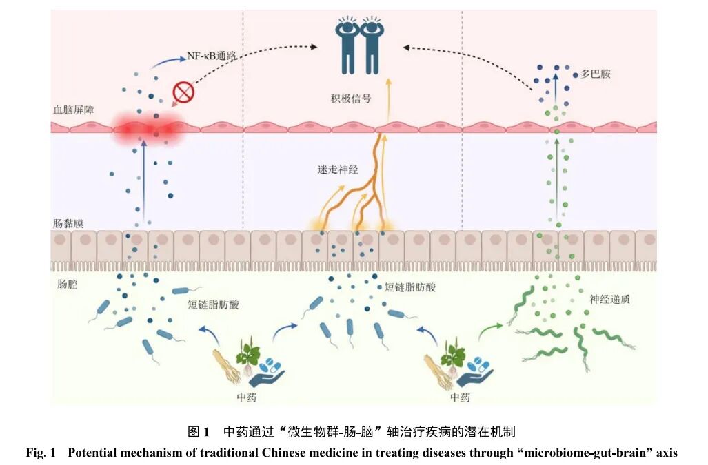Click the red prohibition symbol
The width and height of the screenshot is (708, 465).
[x=184, y=92]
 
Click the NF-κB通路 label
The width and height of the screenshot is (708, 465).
[x=212, y=56]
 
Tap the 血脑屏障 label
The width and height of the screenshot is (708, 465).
[x=74, y=110]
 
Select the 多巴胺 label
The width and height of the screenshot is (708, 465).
[x=595, y=74]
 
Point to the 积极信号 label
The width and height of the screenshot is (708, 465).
[x=351, y=99]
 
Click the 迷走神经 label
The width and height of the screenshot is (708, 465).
[x=338, y=169]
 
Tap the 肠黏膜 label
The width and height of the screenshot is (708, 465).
[x=68, y=223]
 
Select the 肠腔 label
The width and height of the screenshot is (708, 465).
[x=68, y=284]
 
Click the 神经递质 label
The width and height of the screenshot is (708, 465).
[x=609, y=300]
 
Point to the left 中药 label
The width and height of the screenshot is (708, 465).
[x=247, y=397]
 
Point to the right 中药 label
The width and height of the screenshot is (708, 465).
[x=460, y=397]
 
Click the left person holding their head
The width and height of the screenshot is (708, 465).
[x=347, y=45]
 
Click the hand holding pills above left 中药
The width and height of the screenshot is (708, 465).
[x=267, y=373]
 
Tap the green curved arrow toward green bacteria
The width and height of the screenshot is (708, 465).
[x=489, y=331]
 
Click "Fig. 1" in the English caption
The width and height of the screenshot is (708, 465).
[x=40, y=453]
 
